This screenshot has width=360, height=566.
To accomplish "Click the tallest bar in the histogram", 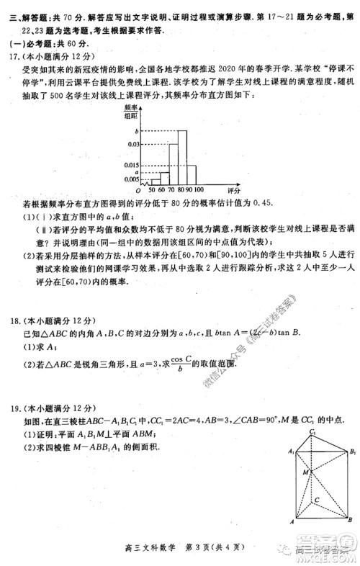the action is pyautogui.click(x=182, y=158).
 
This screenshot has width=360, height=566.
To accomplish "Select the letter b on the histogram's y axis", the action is pyautogui.click(x=135, y=131).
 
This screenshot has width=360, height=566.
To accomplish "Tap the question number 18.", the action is pyautogui.click(x=13, y=321).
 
